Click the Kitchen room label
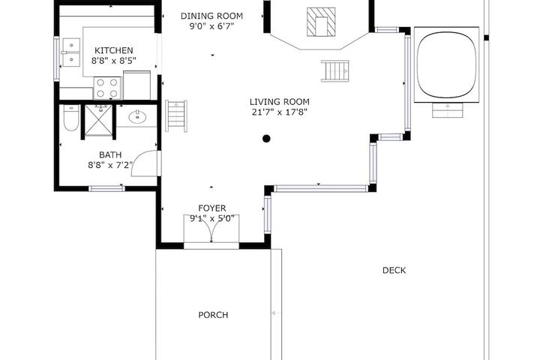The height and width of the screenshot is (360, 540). (114, 50)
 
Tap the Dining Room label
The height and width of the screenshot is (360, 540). (211, 16)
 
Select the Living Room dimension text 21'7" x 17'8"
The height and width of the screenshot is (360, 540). (279, 112)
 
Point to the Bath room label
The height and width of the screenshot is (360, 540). (110, 154)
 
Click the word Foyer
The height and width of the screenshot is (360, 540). (212, 208)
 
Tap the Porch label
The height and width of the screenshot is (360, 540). (213, 315)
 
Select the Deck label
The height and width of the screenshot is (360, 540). (394, 271)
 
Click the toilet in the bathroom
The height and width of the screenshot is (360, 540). (72, 118)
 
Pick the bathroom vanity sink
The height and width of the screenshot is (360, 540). (138, 117)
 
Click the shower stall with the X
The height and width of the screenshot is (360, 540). (98, 120)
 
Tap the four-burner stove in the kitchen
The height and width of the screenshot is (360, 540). (107, 88)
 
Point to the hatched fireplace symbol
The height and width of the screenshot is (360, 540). (321, 22)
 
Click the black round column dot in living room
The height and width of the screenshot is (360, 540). (266, 139)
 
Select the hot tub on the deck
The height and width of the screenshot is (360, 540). (446, 64)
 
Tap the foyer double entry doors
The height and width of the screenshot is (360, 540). (211, 228)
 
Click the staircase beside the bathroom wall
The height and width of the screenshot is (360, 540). (176, 116)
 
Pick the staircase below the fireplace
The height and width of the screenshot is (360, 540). (335, 71)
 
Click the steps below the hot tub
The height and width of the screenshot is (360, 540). (447, 110)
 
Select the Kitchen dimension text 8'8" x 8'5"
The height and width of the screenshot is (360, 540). (114, 61)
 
